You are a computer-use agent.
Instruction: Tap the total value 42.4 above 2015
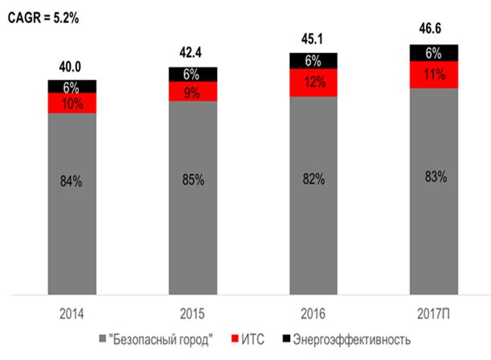coord(192,56)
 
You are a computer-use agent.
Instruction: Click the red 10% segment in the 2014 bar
coord(72,103)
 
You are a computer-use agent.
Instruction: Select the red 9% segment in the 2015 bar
coord(193,91)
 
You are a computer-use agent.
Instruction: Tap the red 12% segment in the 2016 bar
coord(313,82)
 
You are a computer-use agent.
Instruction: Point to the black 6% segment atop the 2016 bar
coord(313,61)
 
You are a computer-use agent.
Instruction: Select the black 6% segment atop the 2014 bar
coord(72,86)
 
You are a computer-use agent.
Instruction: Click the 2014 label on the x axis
coord(71,310)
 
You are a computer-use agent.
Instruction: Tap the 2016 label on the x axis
coord(313,310)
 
